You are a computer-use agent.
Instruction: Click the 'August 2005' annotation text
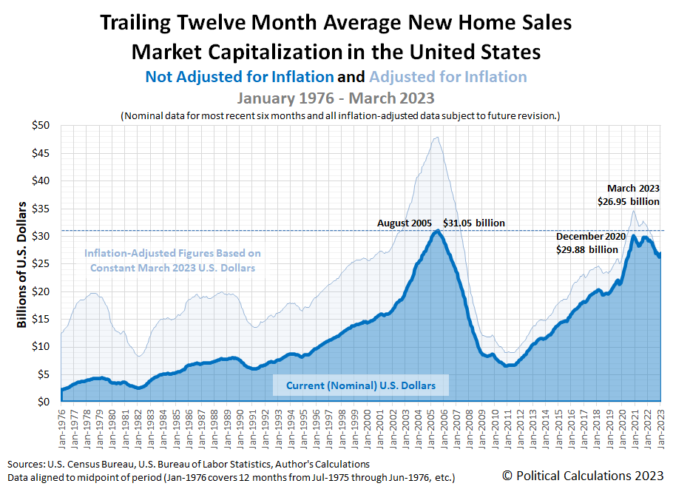(405, 223)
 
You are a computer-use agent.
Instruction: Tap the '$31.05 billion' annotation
(474, 223)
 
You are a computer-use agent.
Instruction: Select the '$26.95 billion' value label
(629, 201)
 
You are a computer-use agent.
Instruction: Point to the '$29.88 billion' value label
(586, 249)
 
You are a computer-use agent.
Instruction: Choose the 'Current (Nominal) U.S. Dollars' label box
(361, 385)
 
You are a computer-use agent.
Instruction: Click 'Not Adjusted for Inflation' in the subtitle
(240, 77)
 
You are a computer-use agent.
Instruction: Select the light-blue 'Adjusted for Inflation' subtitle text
(448, 77)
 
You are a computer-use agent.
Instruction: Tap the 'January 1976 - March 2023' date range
(335, 98)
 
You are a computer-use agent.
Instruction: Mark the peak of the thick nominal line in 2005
(438, 231)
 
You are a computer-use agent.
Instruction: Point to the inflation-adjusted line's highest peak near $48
(437, 137)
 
